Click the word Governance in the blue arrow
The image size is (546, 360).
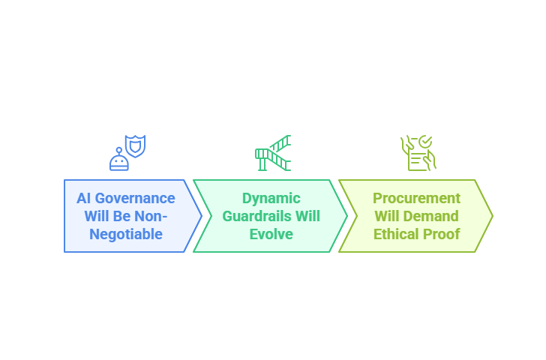tap(135, 199)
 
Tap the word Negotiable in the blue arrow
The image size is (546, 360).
tap(126, 234)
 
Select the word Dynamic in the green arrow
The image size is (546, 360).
tap(271, 199)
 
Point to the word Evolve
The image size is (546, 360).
tap(271, 234)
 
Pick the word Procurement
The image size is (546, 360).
tap(416, 199)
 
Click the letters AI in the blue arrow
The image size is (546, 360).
tap(84, 199)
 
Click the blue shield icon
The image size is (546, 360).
tap(136, 146)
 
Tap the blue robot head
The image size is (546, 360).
tap(119, 163)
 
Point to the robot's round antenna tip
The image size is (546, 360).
tap(119, 151)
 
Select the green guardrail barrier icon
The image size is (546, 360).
tap(273, 153)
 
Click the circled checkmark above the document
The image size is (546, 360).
tap(425, 142)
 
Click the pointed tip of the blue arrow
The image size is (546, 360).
tap(202, 216)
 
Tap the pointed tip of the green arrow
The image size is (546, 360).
tap(347, 216)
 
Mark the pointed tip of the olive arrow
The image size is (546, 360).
tap(493, 216)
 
